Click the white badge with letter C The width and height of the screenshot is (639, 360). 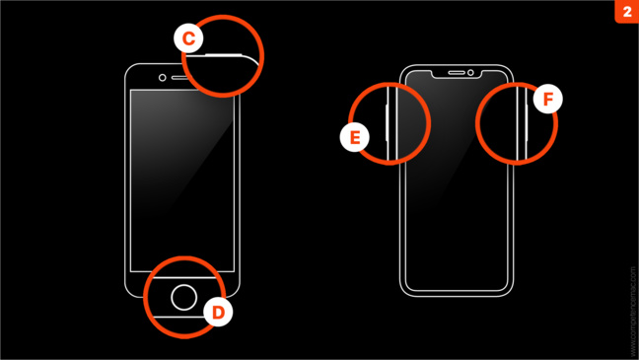click(189, 38)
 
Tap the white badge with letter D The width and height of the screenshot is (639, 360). click(219, 313)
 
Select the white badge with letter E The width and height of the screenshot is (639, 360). click(354, 137)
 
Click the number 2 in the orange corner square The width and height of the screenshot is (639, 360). click(626, 12)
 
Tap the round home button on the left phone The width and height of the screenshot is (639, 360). click(184, 296)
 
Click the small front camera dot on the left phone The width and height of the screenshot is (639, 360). click(163, 78)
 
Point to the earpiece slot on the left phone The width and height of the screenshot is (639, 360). click(184, 78)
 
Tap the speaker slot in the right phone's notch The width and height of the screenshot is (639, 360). click(457, 72)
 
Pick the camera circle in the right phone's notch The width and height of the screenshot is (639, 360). click(471, 72)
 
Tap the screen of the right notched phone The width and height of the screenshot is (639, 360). click(457, 187)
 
